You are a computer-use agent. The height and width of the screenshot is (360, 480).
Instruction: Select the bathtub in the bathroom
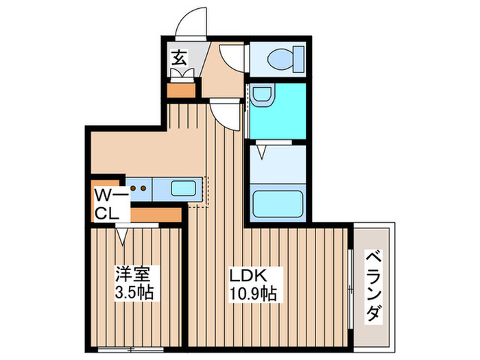click(278, 204)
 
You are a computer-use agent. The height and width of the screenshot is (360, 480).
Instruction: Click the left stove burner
click(134, 187)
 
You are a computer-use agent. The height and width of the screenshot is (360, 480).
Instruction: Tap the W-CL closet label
click(110, 204)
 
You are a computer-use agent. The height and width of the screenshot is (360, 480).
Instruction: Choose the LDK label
click(244, 274)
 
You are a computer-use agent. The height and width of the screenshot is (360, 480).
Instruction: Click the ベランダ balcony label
click(374, 285)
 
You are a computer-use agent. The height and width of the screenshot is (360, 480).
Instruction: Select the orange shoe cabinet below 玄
click(182, 90)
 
